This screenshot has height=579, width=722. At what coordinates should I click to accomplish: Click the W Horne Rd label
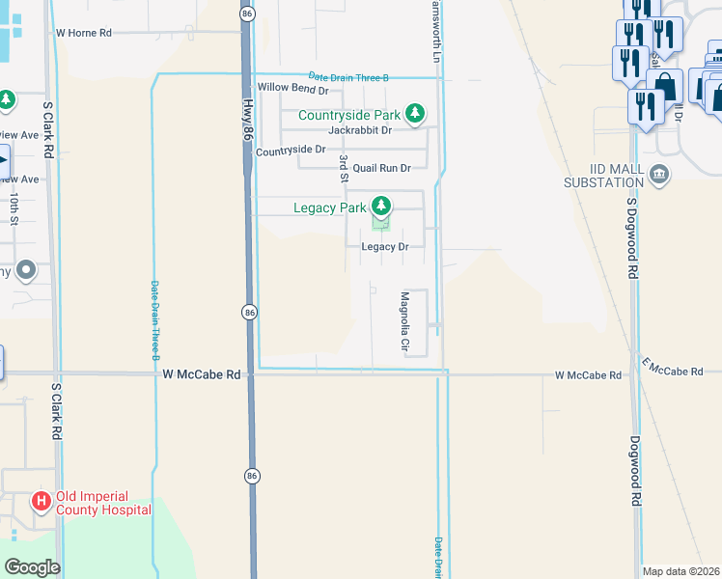[x=84, y=33]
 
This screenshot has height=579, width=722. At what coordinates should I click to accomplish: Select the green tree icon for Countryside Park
[x=415, y=115]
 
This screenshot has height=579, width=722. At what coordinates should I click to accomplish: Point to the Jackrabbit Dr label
[x=360, y=130]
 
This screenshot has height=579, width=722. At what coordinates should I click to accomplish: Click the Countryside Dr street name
[x=291, y=150]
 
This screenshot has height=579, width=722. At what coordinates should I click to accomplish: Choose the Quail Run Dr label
[x=381, y=168]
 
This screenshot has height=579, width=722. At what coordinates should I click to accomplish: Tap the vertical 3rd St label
[x=343, y=166]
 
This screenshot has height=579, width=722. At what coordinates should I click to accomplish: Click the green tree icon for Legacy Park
[x=381, y=206]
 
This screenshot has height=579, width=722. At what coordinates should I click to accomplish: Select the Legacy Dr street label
[x=385, y=247]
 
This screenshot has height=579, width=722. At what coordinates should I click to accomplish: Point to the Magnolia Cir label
[x=405, y=321]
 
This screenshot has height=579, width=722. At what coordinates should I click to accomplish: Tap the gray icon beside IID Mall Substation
[x=659, y=174]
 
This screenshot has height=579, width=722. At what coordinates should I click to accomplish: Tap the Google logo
[x=31, y=567]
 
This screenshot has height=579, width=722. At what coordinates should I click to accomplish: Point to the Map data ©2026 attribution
[x=680, y=571]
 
